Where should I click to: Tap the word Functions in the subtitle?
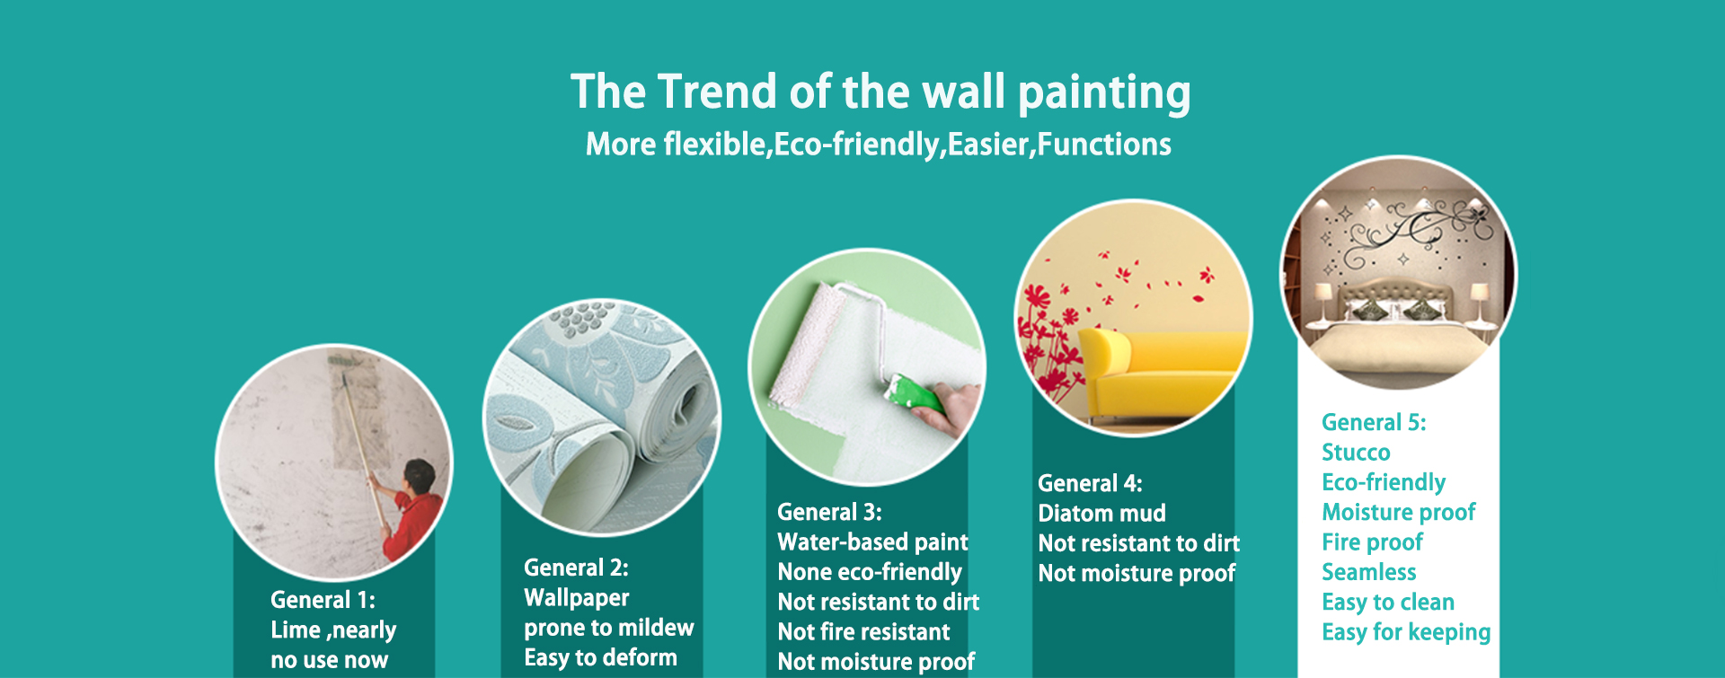(1104, 144)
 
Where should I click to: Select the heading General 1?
(323, 600)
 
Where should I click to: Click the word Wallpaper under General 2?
(576, 598)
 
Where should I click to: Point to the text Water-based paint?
(872, 542)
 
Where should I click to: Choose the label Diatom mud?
(1101, 514)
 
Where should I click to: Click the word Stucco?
(1356, 453)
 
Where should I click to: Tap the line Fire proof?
(1372, 542)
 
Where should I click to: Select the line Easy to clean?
(1387, 603)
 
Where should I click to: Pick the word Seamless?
(1368, 572)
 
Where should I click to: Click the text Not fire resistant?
(863, 632)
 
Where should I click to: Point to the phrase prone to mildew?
(609, 629)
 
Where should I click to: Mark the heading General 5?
(1374, 422)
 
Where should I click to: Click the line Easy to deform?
(600, 658)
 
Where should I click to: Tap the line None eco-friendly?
(869, 572)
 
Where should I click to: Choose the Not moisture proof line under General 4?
(1137, 574)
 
